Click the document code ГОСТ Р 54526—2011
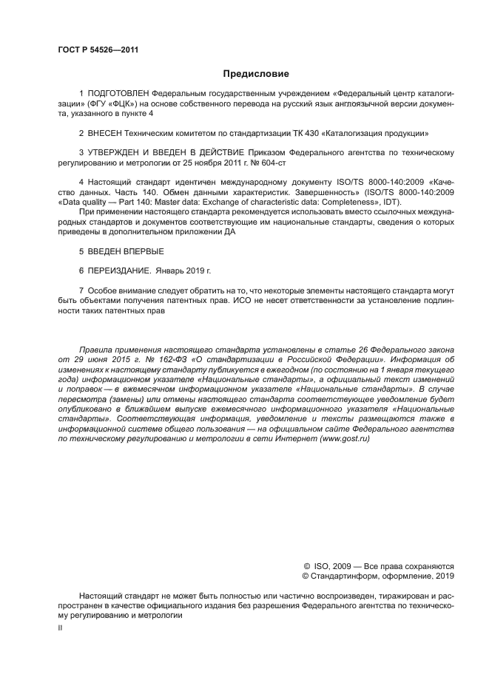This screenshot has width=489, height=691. pyautogui.click(x=98, y=50)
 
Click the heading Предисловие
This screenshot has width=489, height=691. pyautogui.click(x=256, y=74)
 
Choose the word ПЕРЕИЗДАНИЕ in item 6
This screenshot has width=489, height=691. pyautogui.click(x=119, y=270)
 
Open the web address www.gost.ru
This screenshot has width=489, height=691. pyautogui.click(x=344, y=438)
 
